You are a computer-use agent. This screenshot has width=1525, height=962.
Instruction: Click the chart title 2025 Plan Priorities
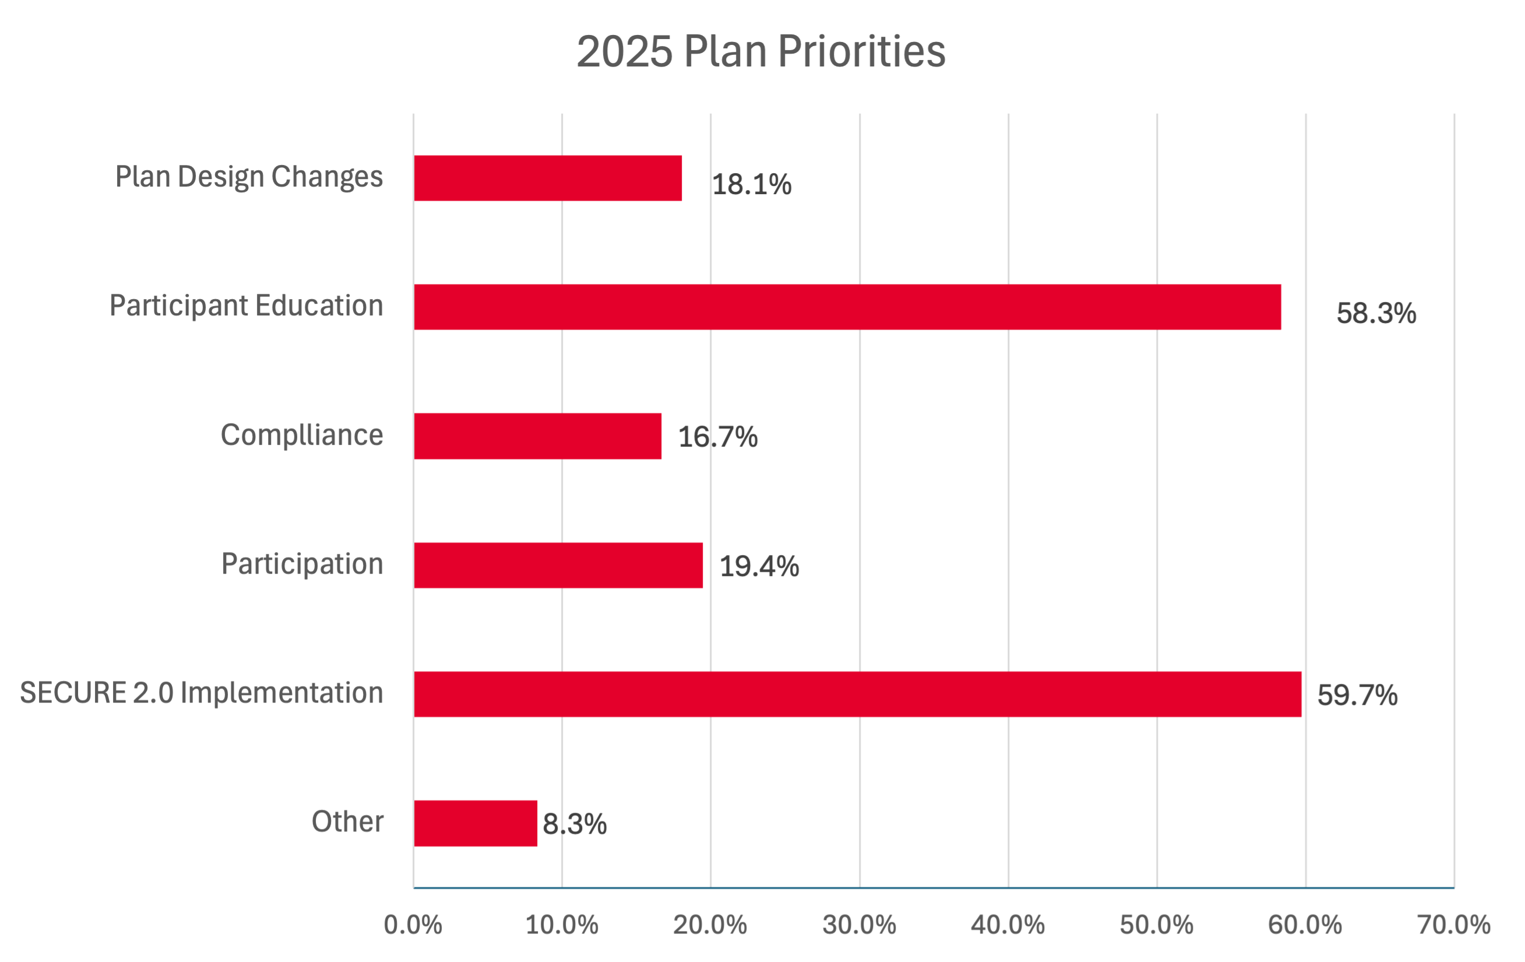pyautogui.click(x=760, y=51)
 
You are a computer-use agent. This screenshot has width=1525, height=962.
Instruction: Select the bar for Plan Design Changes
pyautogui.click(x=548, y=178)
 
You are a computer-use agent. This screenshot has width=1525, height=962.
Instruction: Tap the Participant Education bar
pyautogui.click(x=847, y=307)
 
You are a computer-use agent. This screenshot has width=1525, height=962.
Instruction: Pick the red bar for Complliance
pyautogui.click(x=538, y=436)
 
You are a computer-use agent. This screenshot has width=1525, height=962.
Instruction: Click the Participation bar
pyautogui.click(x=558, y=566)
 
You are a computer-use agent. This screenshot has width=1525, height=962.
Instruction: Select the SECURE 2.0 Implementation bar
pyautogui.click(x=858, y=694)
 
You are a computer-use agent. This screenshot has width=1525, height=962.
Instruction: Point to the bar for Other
pyautogui.click(x=475, y=823)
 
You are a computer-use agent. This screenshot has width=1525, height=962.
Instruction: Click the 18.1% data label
pyautogui.click(x=751, y=184)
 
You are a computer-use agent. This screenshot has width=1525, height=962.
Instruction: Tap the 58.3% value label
pyautogui.click(x=1376, y=313)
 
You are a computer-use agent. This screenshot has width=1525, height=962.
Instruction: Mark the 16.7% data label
pyautogui.click(x=717, y=437)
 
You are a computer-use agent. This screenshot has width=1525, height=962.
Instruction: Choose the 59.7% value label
pyautogui.click(x=1357, y=695)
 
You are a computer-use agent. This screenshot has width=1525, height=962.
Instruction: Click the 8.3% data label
pyautogui.click(x=575, y=824)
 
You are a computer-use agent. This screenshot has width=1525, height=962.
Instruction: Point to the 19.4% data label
pyautogui.click(x=759, y=566)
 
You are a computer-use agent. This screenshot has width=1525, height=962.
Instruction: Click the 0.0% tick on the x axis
pyautogui.click(x=413, y=925)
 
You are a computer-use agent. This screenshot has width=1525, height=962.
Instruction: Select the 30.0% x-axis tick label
pyautogui.click(x=859, y=925)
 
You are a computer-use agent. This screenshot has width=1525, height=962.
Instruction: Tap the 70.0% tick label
pyautogui.click(x=1453, y=925)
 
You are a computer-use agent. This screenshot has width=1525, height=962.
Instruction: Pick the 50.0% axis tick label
pyautogui.click(x=1156, y=925)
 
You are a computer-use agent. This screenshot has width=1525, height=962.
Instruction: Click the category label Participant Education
pyautogui.click(x=246, y=306)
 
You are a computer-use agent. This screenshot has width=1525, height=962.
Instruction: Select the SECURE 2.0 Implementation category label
pyautogui.click(x=202, y=693)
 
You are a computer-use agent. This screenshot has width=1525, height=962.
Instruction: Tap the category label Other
pyautogui.click(x=347, y=821)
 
